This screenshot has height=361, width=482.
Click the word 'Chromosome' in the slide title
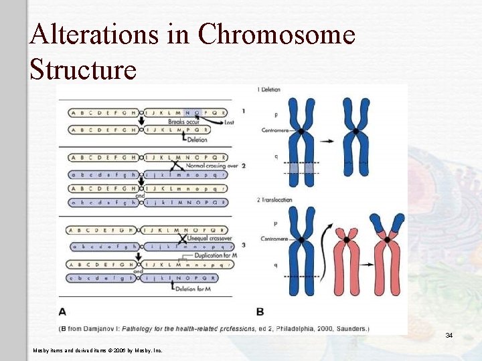point(276,34)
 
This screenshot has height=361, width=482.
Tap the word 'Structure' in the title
point(83,68)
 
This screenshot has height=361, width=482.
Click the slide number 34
point(449,335)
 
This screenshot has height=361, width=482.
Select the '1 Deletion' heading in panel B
point(268,90)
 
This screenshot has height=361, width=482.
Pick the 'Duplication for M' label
point(214,255)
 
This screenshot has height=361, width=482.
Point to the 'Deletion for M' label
point(195,287)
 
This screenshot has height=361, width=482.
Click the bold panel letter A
point(62,312)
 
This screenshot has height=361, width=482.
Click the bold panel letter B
point(260,312)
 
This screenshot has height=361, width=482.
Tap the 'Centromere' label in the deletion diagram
point(274,130)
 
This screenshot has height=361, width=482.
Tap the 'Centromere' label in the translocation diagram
point(274,239)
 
